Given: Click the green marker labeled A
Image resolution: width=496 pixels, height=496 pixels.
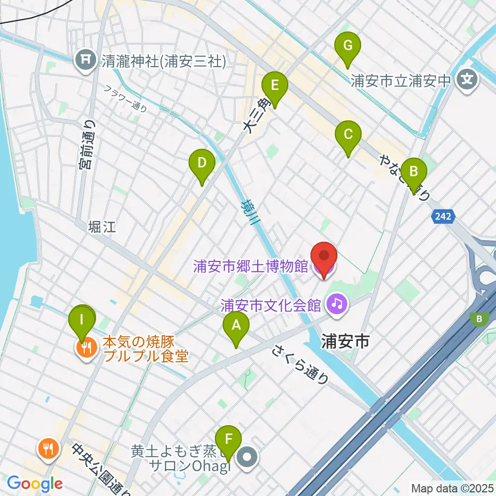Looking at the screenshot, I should point(236,326).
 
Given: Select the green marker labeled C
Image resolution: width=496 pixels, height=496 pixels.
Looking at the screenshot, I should point(348,135).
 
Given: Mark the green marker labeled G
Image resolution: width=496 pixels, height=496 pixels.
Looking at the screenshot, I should point(348,47).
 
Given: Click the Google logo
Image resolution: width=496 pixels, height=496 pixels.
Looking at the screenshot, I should point(35,484).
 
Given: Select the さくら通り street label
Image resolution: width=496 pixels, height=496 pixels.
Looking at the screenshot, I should point(300,365).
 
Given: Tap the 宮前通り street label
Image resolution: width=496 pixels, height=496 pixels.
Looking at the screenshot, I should point(87,145).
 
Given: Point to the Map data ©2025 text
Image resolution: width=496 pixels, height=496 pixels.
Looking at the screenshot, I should point(451,488).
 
